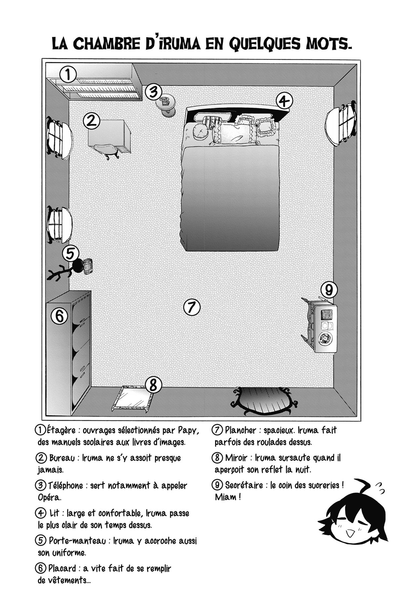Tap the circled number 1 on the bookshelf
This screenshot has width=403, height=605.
click(x=68, y=75)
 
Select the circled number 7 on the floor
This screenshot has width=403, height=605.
click(x=192, y=307)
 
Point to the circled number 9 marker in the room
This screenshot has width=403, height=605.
click(x=329, y=290)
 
